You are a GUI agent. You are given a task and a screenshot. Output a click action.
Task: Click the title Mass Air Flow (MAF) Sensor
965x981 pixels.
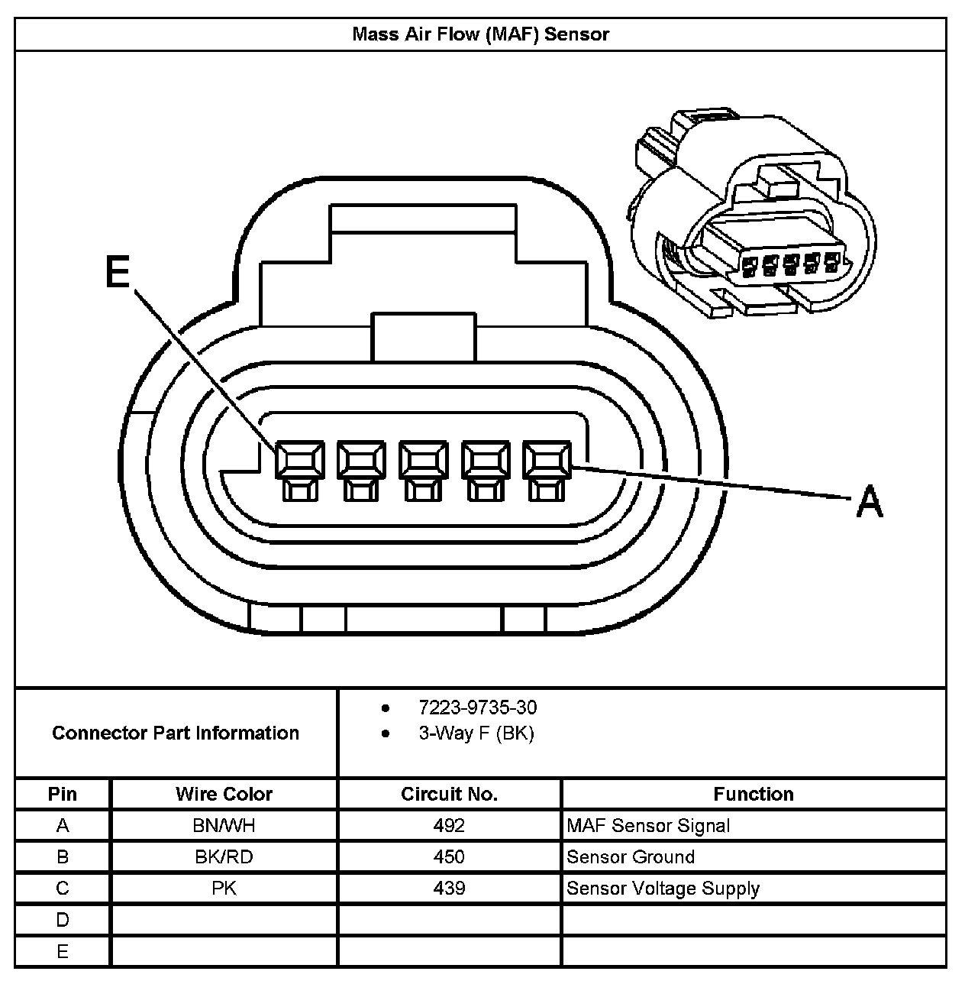[x=480, y=34]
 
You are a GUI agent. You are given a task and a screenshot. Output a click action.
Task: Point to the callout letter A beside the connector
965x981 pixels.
[x=869, y=502]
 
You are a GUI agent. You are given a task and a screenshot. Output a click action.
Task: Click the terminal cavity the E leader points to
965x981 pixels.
[x=299, y=461]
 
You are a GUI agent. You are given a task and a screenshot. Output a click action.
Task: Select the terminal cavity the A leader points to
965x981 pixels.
[x=547, y=461]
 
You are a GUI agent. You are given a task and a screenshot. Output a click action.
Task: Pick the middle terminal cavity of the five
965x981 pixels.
[x=423, y=461]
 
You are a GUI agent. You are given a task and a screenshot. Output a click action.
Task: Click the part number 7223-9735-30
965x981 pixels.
[x=477, y=707]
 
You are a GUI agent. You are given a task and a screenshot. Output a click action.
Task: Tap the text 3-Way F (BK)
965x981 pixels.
[x=476, y=733]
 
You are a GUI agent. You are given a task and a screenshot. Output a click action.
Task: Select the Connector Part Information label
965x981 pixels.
[x=176, y=733]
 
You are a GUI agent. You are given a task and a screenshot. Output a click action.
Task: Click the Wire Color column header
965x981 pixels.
[x=224, y=794]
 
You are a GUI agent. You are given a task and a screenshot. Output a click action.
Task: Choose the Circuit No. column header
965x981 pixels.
[x=449, y=794]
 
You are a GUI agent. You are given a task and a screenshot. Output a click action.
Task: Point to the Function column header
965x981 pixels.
[x=753, y=794]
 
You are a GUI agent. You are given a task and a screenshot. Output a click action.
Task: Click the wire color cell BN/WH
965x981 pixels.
[x=224, y=826]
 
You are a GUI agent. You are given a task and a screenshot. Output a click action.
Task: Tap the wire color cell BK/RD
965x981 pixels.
[x=224, y=857]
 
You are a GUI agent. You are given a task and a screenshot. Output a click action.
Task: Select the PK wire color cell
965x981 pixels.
[x=224, y=889]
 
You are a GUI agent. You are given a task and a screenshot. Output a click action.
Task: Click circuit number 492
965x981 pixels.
[x=449, y=826]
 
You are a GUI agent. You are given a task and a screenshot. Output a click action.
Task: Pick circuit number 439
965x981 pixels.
[x=449, y=889]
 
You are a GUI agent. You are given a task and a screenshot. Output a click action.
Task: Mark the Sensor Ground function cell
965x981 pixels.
[x=631, y=857]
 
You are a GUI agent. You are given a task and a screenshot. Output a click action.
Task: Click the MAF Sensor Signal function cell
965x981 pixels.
[x=648, y=826]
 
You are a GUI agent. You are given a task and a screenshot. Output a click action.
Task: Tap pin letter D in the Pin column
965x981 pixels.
[x=63, y=920]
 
